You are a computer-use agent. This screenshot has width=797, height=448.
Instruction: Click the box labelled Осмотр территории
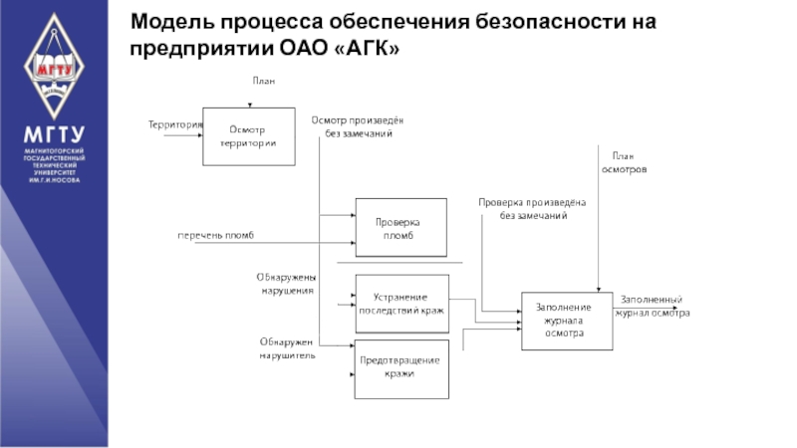pyautogui.click(x=248, y=136)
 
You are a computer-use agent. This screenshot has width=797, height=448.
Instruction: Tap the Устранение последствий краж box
pyautogui.click(x=401, y=304)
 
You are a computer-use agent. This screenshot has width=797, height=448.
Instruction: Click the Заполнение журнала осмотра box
pyautogui.click(x=565, y=321)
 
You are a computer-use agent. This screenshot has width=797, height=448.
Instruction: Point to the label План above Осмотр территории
pyautogui.click(x=261, y=81)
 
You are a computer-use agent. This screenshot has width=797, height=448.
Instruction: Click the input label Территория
pyautogui.click(x=175, y=124)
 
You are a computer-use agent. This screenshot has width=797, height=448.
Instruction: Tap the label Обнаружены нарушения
pyautogui.click(x=286, y=284)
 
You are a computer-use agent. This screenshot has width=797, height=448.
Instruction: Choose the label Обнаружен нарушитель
pyautogui.click(x=287, y=347)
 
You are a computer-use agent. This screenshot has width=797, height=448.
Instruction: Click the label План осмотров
pyautogui.click(x=624, y=162)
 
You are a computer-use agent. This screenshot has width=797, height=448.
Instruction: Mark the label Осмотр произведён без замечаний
pyautogui.click(x=358, y=125)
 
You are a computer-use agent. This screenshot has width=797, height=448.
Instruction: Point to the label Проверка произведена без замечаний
pyautogui.click(x=532, y=208)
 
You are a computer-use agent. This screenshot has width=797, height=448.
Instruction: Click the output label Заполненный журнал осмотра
pyautogui.click(x=654, y=306)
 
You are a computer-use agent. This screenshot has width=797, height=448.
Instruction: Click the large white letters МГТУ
pyautogui.click(x=54, y=135)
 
